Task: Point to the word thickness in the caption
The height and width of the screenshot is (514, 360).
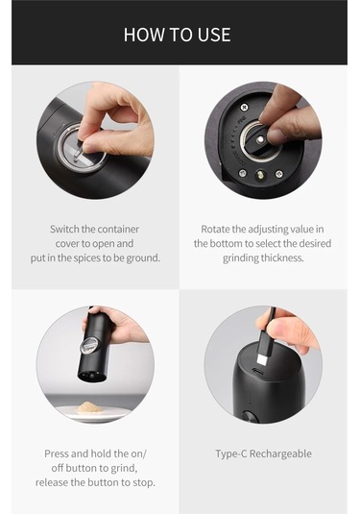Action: click(x=282, y=257)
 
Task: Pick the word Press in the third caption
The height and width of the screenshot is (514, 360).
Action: click(x=57, y=453)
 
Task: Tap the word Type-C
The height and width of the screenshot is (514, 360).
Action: click(x=231, y=454)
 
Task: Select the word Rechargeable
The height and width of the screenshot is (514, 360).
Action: click(x=280, y=454)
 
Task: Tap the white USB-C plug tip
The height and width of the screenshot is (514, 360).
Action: click(x=263, y=359)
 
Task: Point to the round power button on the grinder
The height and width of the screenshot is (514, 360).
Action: click(x=250, y=417)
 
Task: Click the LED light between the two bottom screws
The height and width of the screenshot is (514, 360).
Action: click(x=260, y=175)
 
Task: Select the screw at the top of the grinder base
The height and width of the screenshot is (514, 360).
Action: click(x=244, y=108)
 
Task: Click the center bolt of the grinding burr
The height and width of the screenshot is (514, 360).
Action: click(x=260, y=140)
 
